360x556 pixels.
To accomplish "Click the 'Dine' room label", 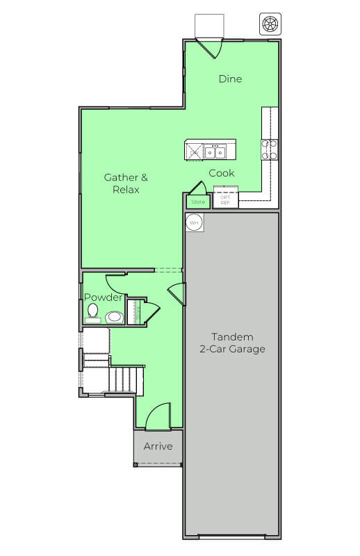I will pos(230,79).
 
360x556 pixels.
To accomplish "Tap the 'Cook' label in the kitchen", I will pos(222,173).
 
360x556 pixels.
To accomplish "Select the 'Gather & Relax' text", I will pos(126,183).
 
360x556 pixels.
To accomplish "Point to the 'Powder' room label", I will pos(104,297).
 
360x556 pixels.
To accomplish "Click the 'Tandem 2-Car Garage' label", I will pos(232,343).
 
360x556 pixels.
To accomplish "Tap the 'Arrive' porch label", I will pos(158,446).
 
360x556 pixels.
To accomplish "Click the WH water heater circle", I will pos(194,223).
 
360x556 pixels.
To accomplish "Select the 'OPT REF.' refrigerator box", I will pos(225,199).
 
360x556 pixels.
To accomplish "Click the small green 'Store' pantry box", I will pos(199,202).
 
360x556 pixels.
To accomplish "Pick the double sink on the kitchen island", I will pos(215,150).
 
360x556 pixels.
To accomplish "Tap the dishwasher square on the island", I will pos(195,150).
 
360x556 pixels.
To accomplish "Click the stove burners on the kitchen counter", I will pos(270,150).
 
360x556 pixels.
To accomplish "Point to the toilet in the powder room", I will pos(92,313).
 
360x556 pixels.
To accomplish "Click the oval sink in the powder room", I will pos(115,317).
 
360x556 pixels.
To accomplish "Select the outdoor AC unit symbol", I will pos(269,23).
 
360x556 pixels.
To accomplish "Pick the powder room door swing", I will pos(115,284).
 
